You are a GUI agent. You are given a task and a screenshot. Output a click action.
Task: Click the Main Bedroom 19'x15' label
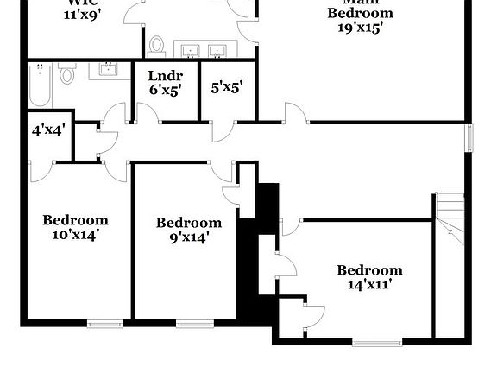[361, 19]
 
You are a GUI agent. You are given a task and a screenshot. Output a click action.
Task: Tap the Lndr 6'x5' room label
[164, 81]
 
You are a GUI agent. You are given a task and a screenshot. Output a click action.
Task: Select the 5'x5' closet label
[226, 86]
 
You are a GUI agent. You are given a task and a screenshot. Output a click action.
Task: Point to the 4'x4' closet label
[48, 132]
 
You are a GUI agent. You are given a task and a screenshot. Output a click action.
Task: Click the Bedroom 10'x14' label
[76, 226]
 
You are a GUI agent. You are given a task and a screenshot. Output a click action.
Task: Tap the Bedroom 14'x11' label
[369, 276]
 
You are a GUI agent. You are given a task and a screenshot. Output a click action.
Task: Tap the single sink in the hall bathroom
[109, 69]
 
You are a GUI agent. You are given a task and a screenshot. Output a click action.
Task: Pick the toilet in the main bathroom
[157, 45]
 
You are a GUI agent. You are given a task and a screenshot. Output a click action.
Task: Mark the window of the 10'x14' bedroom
[103, 324]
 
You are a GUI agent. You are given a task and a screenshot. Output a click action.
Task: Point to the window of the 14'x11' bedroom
[377, 343]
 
